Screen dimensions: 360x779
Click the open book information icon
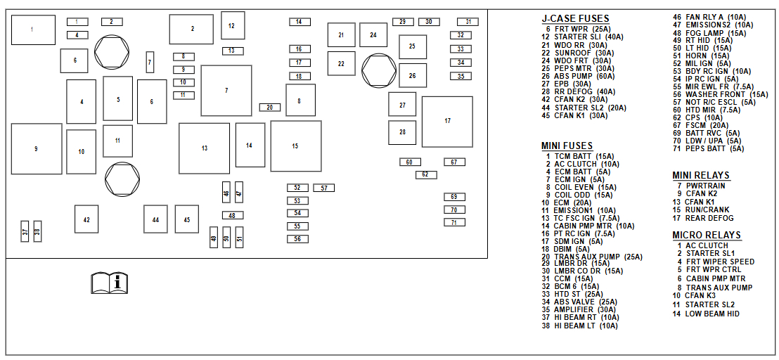pos(110,283)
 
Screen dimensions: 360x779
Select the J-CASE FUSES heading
pos(575,19)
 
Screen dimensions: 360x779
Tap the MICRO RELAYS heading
pos(706,235)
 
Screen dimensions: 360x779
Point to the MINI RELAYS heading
pos(700,175)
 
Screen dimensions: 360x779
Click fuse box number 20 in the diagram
pos(270,107)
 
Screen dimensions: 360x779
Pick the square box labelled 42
pos(86,219)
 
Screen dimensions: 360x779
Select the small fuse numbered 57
pos(323,188)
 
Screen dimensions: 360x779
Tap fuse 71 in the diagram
pos(454,222)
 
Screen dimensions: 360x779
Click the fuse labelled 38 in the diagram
pos(37,231)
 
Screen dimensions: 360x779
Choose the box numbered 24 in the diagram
pos(373,34)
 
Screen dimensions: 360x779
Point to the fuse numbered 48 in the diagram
pos(231,215)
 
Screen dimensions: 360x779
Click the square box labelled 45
pos(187,219)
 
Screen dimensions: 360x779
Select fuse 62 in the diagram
pos(425,174)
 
